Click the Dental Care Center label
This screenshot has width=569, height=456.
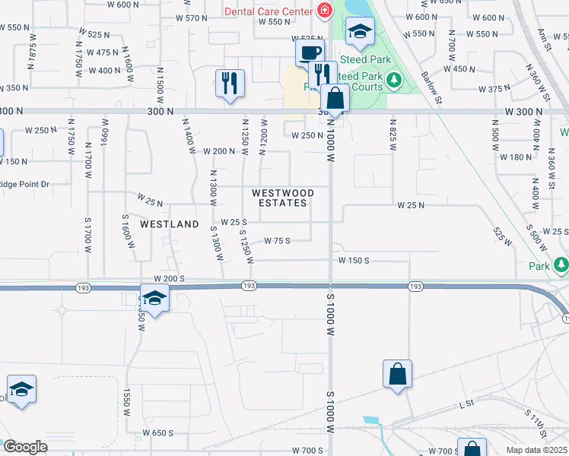[x=268, y=11]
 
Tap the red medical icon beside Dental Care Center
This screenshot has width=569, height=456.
[x=324, y=11]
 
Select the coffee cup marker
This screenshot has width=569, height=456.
[x=309, y=54]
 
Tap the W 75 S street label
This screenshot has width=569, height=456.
[x=278, y=241]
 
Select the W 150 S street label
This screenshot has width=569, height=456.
[x=354, y=260]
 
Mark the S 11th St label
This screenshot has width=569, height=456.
[x=536, y=423]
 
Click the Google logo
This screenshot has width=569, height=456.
[x=25, y=447]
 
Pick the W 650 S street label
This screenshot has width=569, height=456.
[x=157, y=433]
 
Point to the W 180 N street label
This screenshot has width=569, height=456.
[x=514, y=157]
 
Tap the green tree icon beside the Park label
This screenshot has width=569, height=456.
[x=561, y=265]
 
